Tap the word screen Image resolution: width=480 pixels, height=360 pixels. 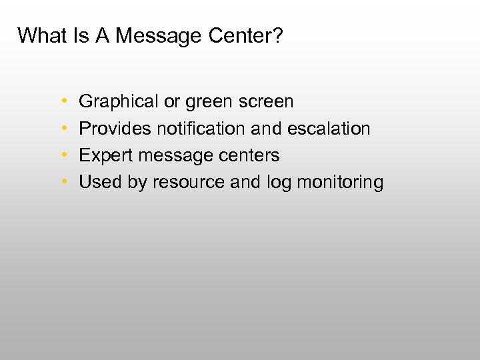(265, 102)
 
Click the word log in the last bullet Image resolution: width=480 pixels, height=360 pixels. (278, 182)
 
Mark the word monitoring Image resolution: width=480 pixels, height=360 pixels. (340, 182)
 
